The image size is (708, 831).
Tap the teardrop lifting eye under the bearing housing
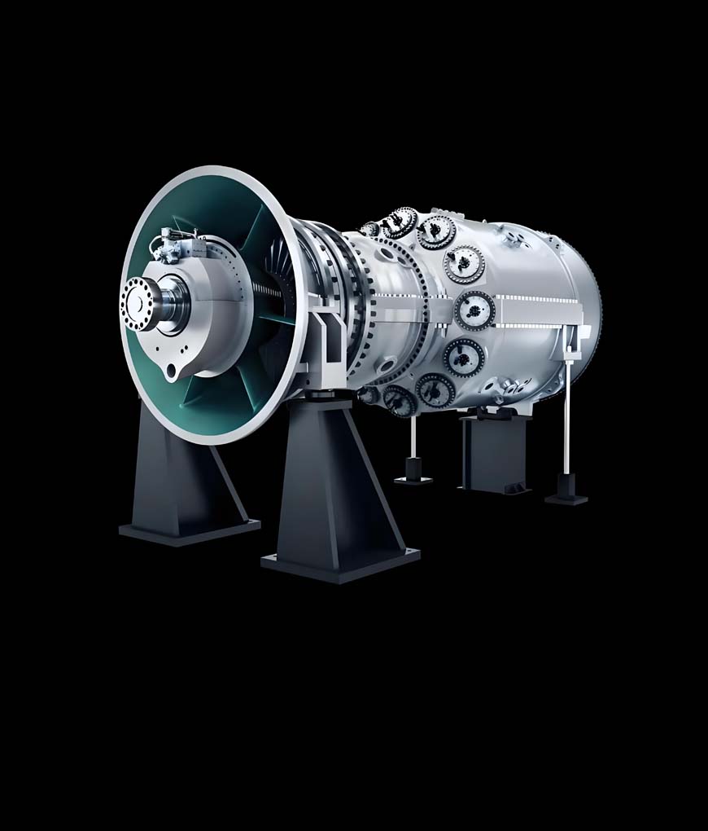[171, 372]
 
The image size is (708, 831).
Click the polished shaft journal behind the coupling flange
[173, 304]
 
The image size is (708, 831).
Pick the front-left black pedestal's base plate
[189, 529]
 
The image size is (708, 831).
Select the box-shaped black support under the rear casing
[493, 452]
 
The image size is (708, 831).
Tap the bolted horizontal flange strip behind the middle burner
[537, 312]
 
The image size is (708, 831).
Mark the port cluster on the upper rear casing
[514, 237]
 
